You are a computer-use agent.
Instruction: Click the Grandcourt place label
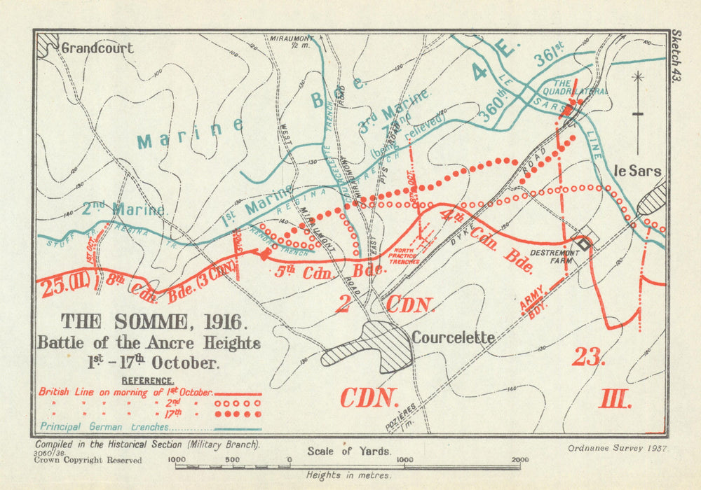click(97, 48)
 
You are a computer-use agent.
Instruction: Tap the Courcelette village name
click(453, 337)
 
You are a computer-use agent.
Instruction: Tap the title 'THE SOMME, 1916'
click(154, 322)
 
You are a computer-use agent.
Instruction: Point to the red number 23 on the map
click(587, 356)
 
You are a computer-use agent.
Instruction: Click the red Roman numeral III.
click(615, 400)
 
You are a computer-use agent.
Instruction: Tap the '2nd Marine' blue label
click(123, 209)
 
